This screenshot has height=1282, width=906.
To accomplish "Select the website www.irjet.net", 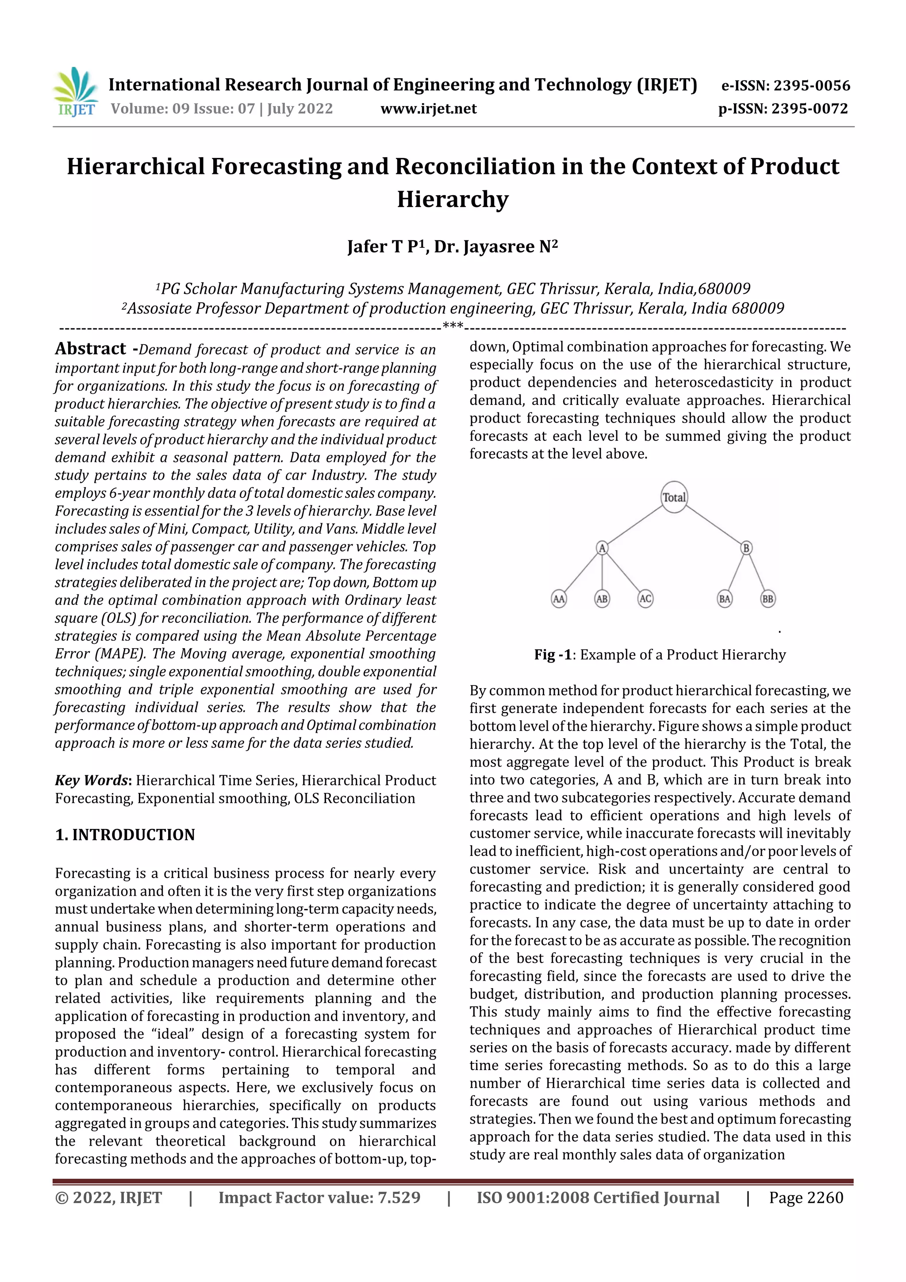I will coord(428,109).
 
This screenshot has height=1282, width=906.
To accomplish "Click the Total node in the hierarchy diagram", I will coord(674,497).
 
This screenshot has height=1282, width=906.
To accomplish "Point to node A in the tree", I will coord(602,548).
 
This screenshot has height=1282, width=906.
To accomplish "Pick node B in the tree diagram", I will coord(746,548).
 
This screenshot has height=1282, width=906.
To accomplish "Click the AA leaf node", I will coord(558,599).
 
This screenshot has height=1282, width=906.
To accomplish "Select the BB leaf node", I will coord(768,599).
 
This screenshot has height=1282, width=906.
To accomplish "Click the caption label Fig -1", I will coord(553,654).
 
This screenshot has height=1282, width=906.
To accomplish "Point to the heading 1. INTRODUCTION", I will coord(125,835).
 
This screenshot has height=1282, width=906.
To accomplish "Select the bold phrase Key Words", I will coord(92,780).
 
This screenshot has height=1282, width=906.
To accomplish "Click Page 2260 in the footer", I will coord(806,1209).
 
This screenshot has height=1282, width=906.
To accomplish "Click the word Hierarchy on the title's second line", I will coord(453,199).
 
